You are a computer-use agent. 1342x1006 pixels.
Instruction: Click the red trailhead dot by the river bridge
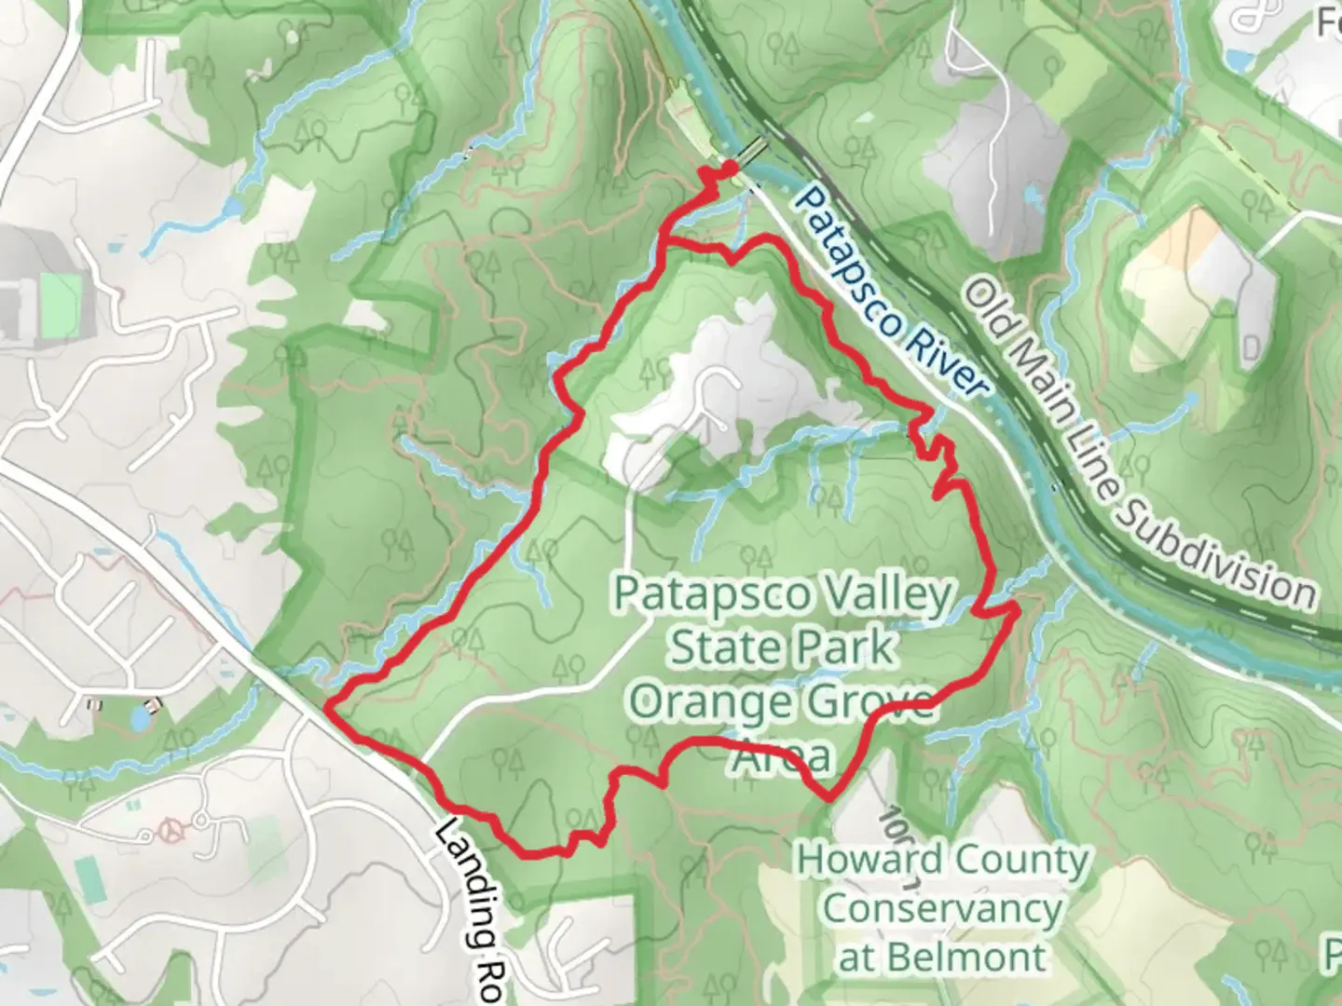[730, 167]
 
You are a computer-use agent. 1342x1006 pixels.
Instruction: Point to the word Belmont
[968, 957]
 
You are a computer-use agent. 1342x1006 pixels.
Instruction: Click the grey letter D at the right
[1251, 347]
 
